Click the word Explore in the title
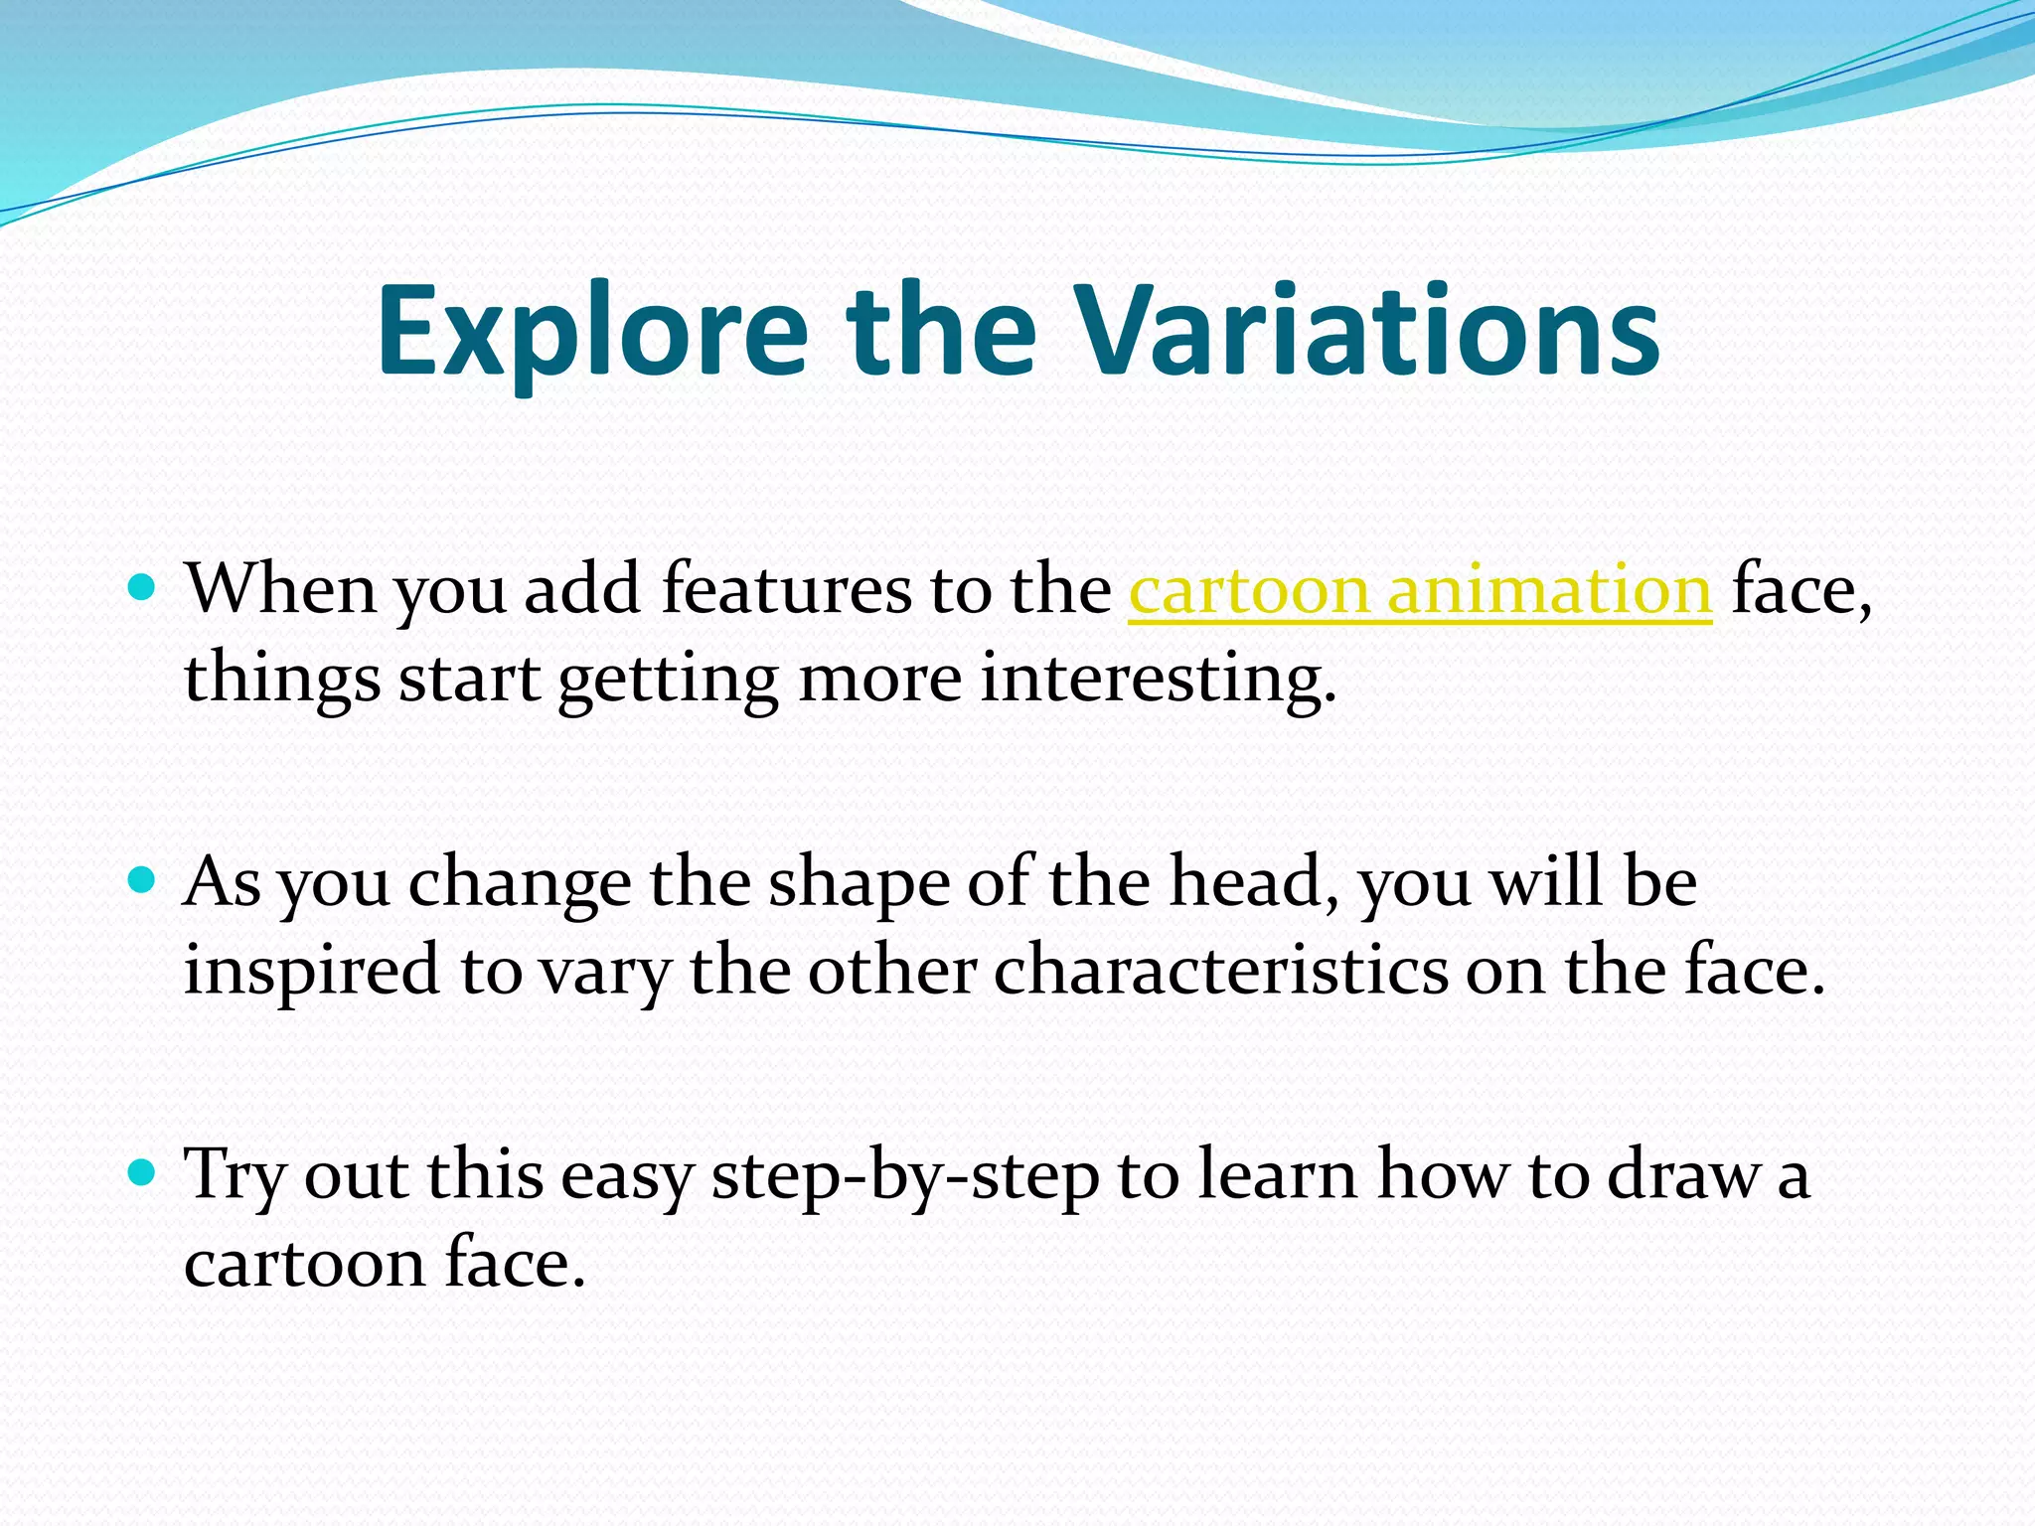tap(592, 333)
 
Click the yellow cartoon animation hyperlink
tap(1420, 590)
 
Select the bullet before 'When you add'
tap(143, 588)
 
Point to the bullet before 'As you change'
tap(143, 880)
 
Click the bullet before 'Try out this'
tap(143, 1173)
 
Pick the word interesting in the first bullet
tap(1158, 680)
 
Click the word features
tap(786, 590)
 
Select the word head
tap(1258, 881)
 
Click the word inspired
tap(311, 972)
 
